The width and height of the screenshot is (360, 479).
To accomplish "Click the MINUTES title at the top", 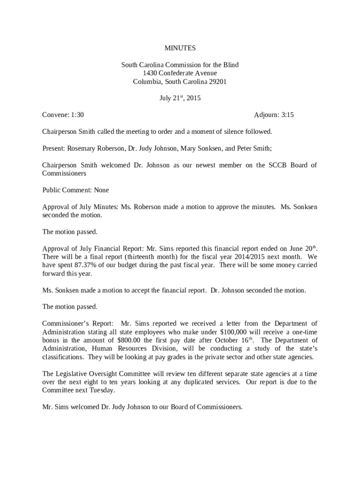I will (x=180, y=48).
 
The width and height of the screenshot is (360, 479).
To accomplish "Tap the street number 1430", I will (x=150, y=73).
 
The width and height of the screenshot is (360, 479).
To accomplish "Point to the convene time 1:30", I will (x=77, y=115).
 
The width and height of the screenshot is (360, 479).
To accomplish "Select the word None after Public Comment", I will (x=101, y=190).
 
